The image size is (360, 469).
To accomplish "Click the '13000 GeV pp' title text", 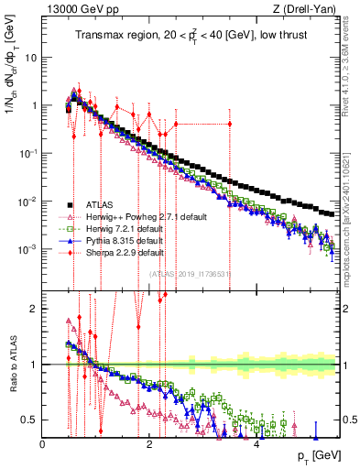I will pos(78,10).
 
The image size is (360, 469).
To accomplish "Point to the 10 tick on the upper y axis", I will pos(29,58).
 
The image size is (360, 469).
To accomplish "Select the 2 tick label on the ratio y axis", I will pos(33,309).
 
